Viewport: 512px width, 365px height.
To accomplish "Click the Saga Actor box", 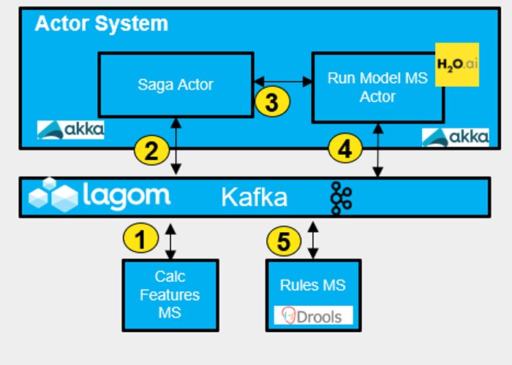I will (x=176, y=84).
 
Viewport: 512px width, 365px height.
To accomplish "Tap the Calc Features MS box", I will (x=170, y=294).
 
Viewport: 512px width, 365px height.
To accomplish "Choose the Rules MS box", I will (x=313, y=293).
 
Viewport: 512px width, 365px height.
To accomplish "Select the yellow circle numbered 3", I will (x=272, y=101).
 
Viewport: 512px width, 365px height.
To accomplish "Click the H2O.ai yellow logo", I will (x=456, y=65).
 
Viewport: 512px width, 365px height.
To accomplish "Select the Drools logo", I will (x=313, y=315).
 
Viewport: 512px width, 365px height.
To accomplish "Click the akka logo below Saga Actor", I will (x=71, y=130).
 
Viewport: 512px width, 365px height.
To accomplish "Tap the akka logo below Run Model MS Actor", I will (x=455, y=137).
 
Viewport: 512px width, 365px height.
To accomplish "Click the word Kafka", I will (x=255, y=197).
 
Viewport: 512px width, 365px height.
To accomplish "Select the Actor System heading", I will (x=101, y=23).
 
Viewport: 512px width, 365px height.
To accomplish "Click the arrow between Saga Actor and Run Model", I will (x=282, y=82).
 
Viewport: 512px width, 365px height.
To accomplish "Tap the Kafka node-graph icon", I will (x=340, y=198).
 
